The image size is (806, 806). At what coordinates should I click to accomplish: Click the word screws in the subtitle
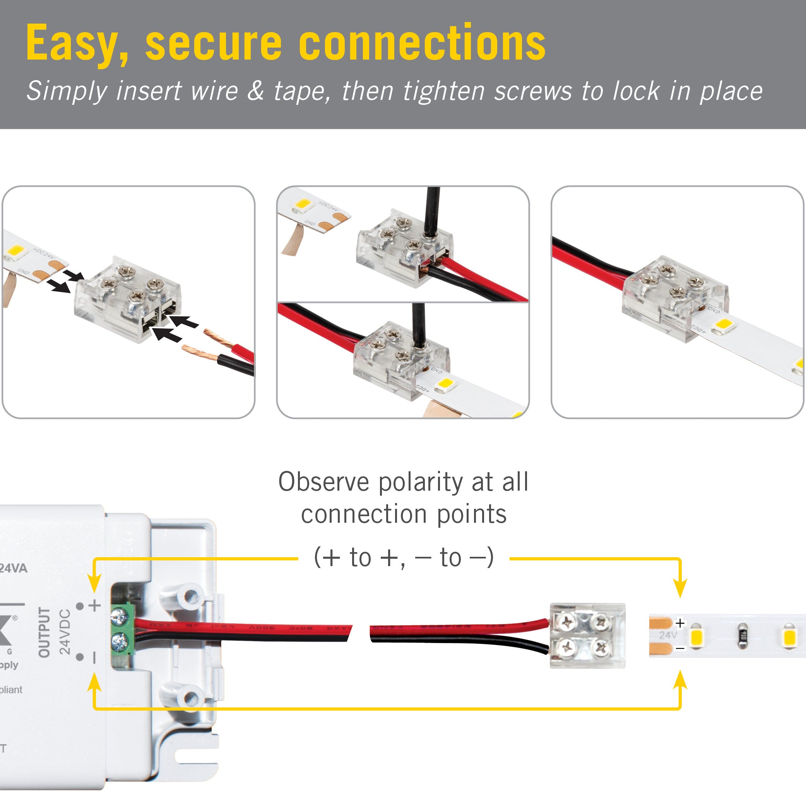click(533, 91)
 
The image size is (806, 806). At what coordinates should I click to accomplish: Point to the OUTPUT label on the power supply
click(44, 632)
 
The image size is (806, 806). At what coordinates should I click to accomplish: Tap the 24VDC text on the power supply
click(65, 631)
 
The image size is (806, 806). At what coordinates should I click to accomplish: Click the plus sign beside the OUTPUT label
click(95, 605)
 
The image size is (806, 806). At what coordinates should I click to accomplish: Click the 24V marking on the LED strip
click(668, 635)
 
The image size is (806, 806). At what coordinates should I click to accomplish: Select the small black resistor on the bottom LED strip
click(743, 636)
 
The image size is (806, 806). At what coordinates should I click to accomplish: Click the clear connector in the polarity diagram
click(587, 635)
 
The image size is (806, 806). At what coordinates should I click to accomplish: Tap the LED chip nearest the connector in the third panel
click(724, 324)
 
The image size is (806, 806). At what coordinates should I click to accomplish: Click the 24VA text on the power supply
click(14, 568)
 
